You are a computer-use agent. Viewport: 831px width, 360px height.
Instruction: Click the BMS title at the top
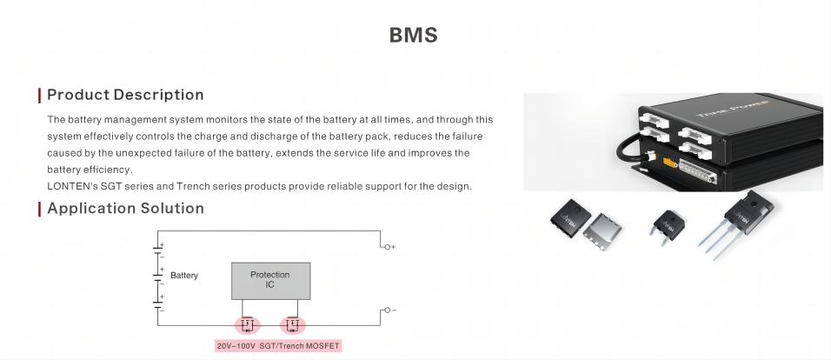414,35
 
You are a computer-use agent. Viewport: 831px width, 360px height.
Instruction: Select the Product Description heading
125,95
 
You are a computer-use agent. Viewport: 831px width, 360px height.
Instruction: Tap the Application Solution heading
125,209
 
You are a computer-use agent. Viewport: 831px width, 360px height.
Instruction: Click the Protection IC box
271,281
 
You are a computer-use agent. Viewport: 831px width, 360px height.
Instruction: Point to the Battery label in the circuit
184,276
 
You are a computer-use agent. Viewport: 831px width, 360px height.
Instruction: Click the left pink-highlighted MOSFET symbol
247,325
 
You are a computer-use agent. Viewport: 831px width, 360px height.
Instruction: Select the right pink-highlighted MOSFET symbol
293,325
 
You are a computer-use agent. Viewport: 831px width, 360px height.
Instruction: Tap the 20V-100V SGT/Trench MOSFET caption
277,346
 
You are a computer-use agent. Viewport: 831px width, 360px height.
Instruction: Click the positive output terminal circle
388,247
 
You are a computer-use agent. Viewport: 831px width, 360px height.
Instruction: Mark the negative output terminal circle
388,310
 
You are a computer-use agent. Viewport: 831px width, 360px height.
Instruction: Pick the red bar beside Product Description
39,96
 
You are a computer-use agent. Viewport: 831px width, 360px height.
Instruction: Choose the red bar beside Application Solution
39,209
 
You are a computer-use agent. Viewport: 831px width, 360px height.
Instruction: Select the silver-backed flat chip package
602,231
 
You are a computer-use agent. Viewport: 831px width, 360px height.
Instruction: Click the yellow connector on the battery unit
670,163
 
